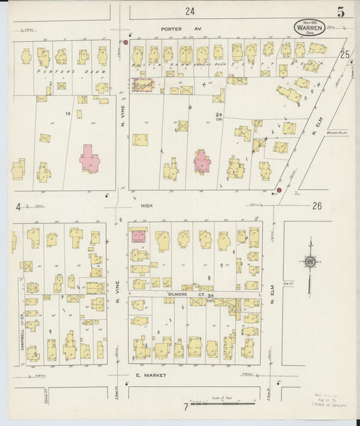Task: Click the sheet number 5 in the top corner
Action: coord(340,12)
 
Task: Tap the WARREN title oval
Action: coord(309,28)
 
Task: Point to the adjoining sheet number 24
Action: coord(190,11)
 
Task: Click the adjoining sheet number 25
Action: coord(345,55)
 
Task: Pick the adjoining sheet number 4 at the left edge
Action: coord(18,207)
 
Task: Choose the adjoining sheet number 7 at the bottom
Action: coord(185,406)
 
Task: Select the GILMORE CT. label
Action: coord(182,294)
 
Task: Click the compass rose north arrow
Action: coord(310,262)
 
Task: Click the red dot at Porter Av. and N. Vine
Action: coord(126,42)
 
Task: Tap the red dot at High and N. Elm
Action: coord(278,191)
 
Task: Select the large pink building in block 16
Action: coord(90,160)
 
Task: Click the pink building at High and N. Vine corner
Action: coord(138,236)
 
